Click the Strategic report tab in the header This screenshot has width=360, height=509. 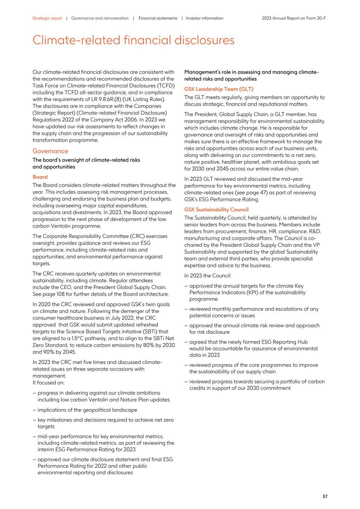pos(47,18)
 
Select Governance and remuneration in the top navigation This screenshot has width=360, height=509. pos(100,18)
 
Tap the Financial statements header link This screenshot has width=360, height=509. pos(158,18)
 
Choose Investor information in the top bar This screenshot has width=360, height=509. pos(204,18)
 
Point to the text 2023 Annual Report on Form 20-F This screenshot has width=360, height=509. pos(294,18)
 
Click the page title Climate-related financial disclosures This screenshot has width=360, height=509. pos(133,40)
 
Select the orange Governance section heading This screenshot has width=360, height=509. pos(50,151)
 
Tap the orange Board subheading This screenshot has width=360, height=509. pos(40,177)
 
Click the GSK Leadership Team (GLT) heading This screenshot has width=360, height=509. pos(218,89)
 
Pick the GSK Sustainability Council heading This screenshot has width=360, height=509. pos(216,210)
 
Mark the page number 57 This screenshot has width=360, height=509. pos(325,496)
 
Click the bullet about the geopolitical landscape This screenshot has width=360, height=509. pos(87,410)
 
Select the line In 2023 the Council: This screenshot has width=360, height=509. pos(208,276)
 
